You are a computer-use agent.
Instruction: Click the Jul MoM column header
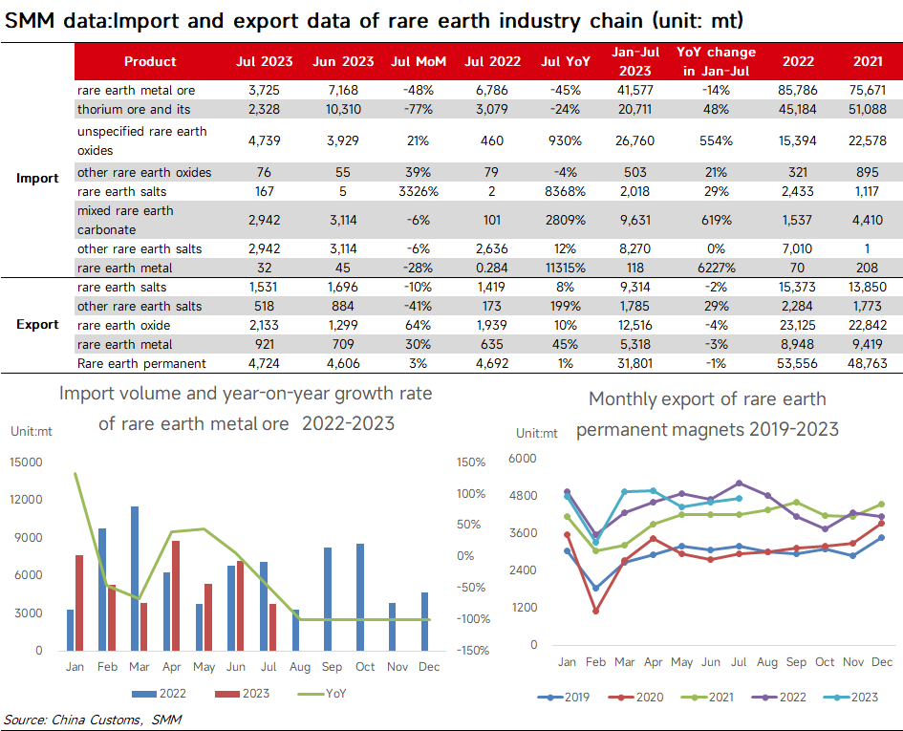click(x=419, y=61)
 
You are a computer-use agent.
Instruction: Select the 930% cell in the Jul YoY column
click(x=565, y=140)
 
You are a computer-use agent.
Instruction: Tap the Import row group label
click(x=37, y=178)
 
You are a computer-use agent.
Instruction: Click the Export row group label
click(x=37, y=324)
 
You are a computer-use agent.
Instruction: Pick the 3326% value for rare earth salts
click(x=419, y=191)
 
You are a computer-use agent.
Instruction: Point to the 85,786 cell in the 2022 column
click(x=798, y=90)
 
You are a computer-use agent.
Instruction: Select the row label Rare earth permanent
click(x=141, y=363)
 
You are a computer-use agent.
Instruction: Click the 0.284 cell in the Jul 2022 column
click(x=492, y=268)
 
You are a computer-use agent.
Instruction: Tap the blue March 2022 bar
click(x=135, y=578)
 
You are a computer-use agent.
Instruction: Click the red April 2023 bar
click(x=176, y=595)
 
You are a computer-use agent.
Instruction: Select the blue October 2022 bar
click(x=360, y=597)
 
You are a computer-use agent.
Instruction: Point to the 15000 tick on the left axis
click(x=26, y=462)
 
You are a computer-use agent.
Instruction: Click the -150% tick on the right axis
click(x=473, y=651)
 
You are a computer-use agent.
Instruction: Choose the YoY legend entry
click(x=323, y=694)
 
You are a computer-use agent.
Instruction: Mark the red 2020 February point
click(x=595, y=612)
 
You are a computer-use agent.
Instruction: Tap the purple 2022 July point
click(x=739, y=483)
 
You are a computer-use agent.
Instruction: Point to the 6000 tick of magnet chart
click(x=523, y=459)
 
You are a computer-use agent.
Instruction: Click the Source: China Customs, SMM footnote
click(x=93, y=720)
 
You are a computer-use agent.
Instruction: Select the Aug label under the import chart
click(x=299, y=667)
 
